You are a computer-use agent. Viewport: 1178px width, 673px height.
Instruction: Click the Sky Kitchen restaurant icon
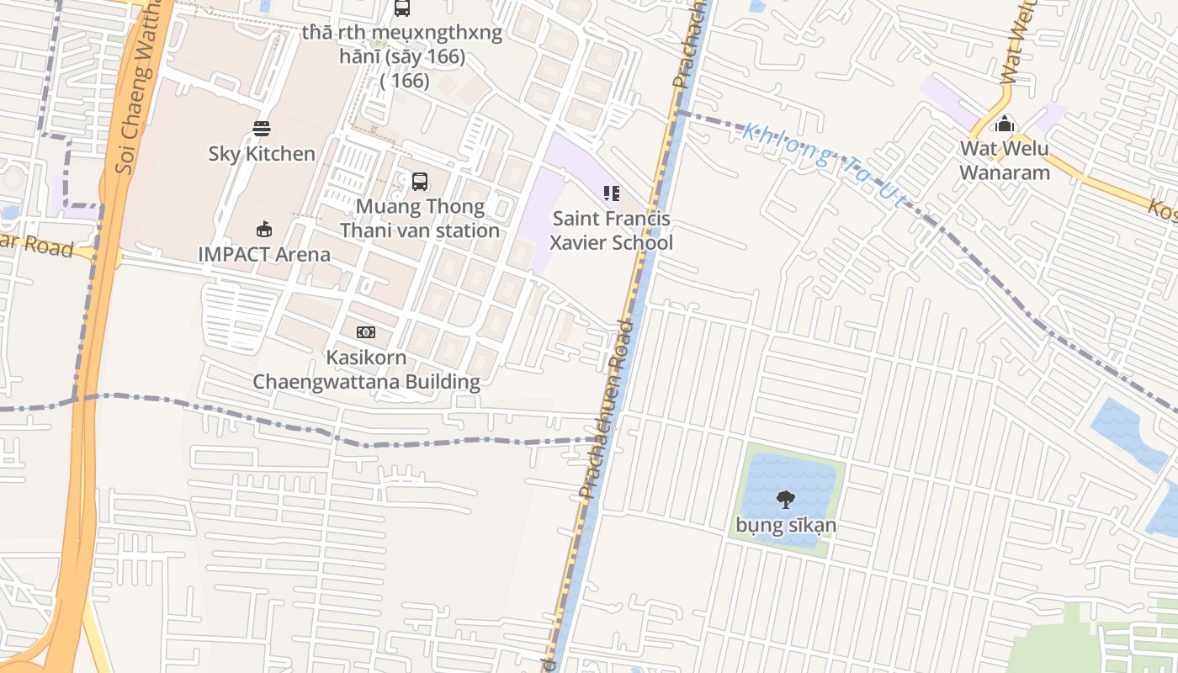262,129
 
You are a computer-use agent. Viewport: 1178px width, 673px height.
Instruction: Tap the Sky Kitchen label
262,154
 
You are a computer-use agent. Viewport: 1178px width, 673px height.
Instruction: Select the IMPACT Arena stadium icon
263,228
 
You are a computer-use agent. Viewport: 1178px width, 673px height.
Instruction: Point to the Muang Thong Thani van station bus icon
419,181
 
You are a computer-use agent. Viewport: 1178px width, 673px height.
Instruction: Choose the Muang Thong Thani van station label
420,219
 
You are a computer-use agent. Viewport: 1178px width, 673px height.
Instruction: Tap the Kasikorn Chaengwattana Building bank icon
365,332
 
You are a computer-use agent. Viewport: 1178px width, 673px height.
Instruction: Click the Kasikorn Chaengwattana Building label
367,369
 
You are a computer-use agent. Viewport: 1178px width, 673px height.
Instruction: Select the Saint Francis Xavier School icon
612,193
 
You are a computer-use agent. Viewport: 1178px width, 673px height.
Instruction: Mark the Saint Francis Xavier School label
612,231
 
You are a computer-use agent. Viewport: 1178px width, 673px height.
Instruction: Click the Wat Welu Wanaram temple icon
1004,125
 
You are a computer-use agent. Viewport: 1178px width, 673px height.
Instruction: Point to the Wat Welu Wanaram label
1005,161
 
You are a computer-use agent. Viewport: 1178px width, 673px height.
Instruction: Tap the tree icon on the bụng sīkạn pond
786,499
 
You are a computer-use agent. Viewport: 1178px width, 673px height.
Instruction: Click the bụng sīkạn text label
786,526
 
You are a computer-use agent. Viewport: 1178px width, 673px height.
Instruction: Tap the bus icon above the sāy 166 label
402,8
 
